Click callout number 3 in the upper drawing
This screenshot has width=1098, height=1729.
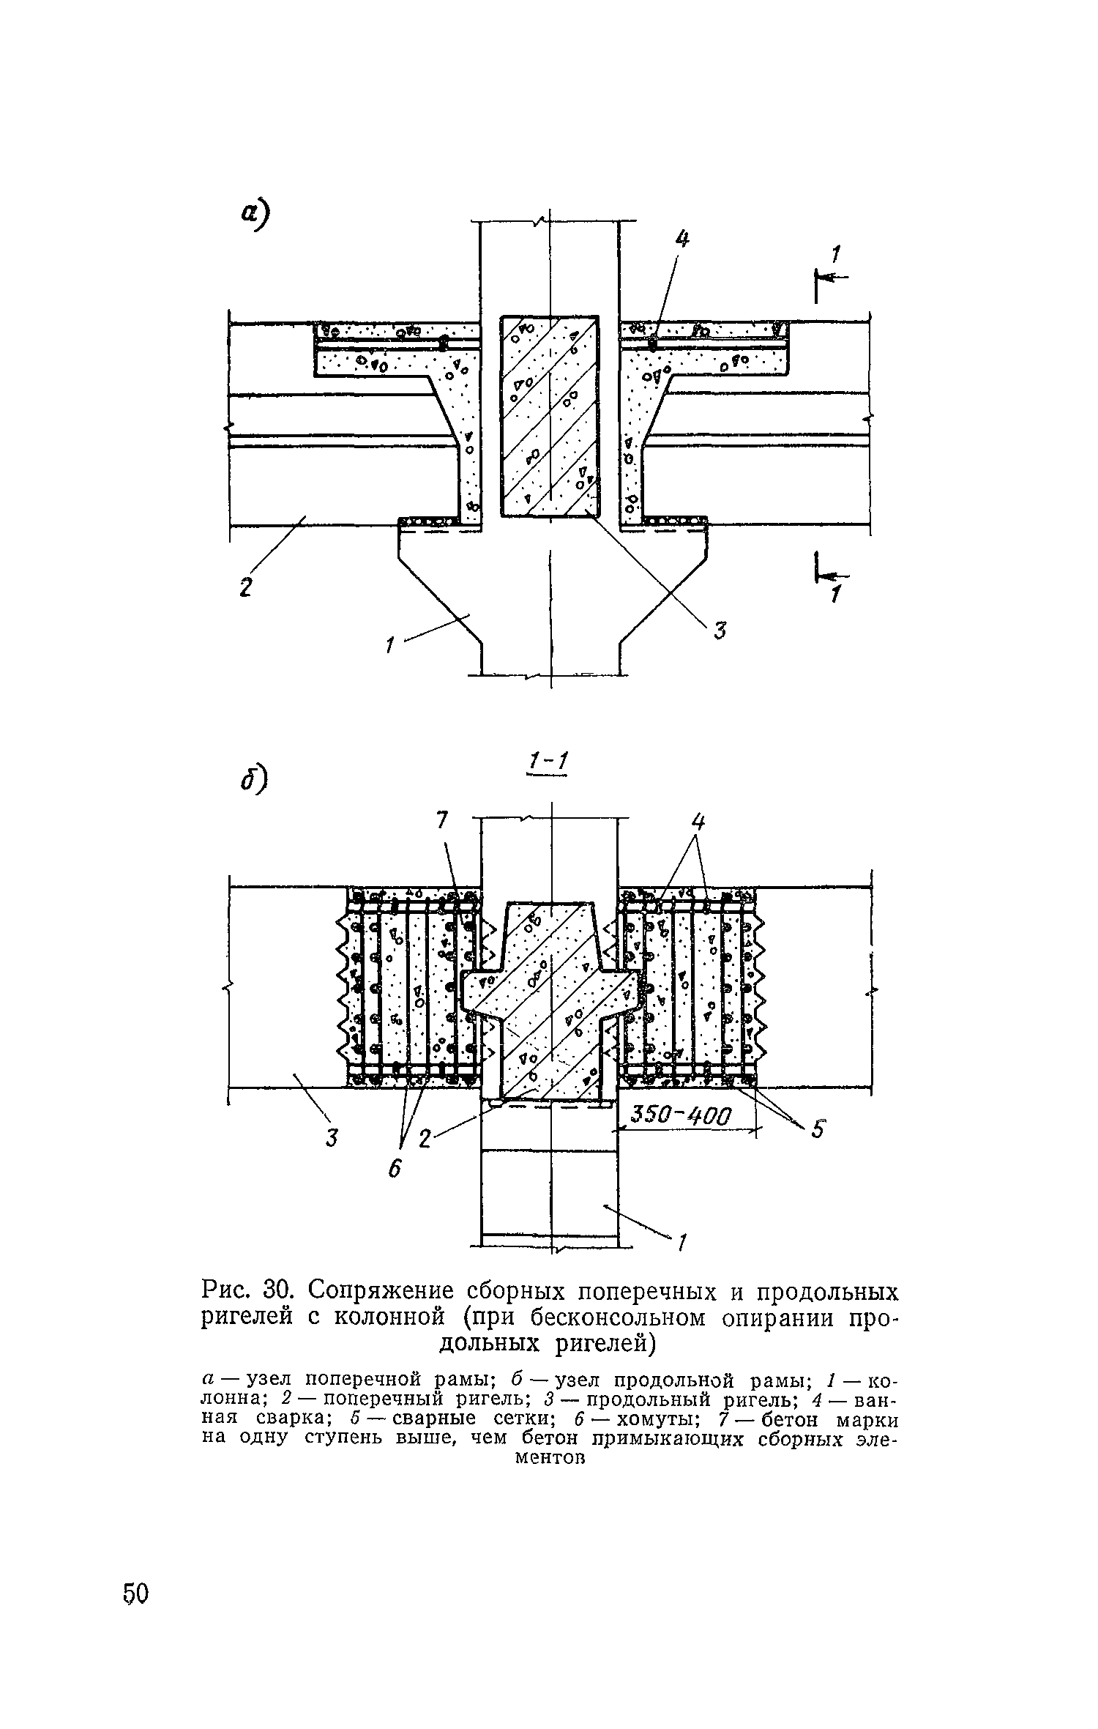(720, 630)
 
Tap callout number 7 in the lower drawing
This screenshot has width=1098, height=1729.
(441, 822)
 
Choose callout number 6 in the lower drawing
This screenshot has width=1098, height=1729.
(395, 1170)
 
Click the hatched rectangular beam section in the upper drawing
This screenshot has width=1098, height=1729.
(550, 415)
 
